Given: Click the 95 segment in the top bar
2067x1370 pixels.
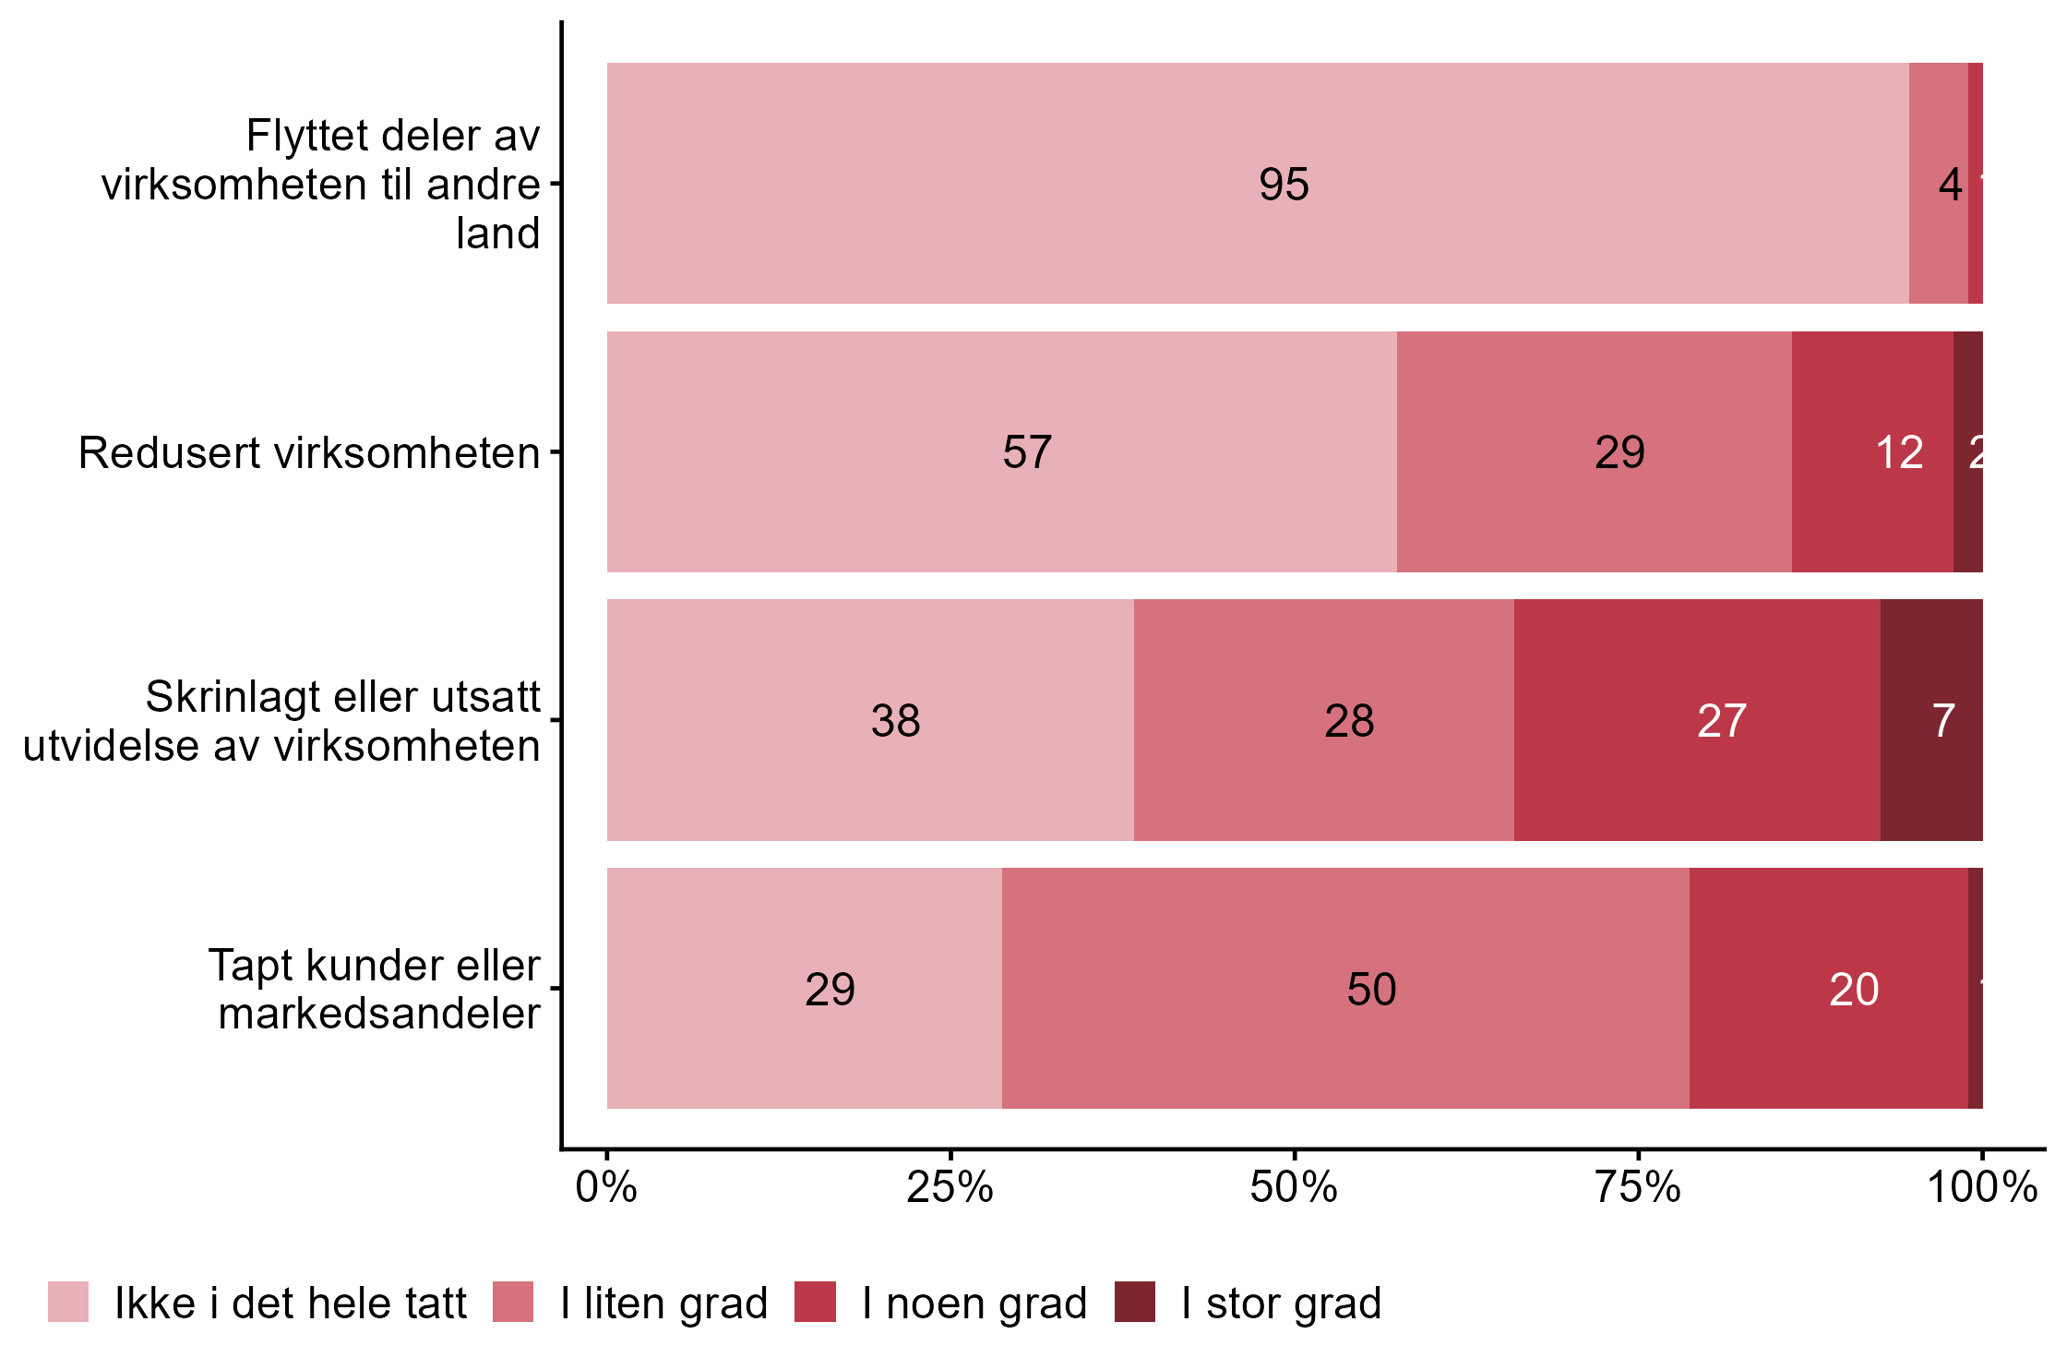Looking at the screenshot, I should pos(1257,183).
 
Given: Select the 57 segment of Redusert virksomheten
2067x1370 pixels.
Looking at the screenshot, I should pos(1001,451).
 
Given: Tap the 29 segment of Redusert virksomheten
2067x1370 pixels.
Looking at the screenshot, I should pos(1594,451).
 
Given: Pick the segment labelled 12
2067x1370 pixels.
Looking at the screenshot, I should pos(1871,451).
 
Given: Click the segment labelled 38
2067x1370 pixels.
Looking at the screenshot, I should pos(870,720).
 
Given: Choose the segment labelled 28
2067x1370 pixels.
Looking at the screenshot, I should pos(1323,720).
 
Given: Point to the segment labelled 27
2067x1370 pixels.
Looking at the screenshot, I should pos(1696,720).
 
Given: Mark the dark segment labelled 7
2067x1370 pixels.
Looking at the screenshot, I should pos(1930,720).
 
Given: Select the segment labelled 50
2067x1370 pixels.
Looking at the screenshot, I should pos(1345,989).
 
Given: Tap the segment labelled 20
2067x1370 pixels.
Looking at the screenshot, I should pos(1828,989).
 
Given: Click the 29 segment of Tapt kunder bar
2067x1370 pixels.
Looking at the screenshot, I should pos(804,989).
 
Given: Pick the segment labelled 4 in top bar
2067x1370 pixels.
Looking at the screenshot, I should pos(1938,183).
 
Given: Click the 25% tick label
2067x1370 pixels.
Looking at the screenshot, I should pos(950,1187).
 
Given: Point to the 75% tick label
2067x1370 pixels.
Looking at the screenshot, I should pos(1638,1187).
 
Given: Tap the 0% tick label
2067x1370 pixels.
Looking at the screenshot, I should pos(606,1187).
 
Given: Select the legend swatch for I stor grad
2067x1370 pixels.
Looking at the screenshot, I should pos(1134,1302).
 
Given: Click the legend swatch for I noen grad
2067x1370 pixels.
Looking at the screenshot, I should pos(815,1302).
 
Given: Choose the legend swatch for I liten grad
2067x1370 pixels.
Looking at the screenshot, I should pos(513,1302).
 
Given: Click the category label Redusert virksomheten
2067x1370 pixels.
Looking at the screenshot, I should pos(308,453).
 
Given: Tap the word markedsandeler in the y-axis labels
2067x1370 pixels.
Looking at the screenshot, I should pos(378,1014).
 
